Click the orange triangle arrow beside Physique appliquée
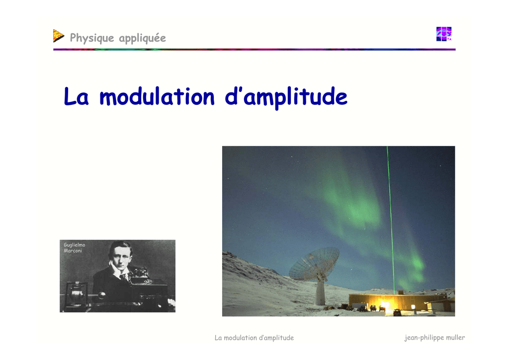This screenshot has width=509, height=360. coord(59,36)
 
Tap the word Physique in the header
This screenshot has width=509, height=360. coord(92,38)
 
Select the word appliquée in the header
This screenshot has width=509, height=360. coord(143,38)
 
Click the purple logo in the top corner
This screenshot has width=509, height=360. coord(444,34)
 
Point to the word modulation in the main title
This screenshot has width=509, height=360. coord(157,97)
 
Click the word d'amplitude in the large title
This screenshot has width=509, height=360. coord(286,97)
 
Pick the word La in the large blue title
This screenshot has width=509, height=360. coord(76,96)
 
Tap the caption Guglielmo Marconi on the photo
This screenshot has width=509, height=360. coord(75,248)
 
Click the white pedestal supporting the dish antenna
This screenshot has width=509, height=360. coord(321,293)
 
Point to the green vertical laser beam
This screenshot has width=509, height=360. coord(391,220)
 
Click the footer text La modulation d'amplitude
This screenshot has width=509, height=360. coord(254,338)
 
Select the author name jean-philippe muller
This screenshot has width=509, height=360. coord(434,338)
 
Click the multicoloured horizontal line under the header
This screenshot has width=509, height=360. coord(254,49)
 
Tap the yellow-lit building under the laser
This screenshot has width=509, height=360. coord(398,302)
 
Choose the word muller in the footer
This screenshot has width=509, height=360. coord(455,337)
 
